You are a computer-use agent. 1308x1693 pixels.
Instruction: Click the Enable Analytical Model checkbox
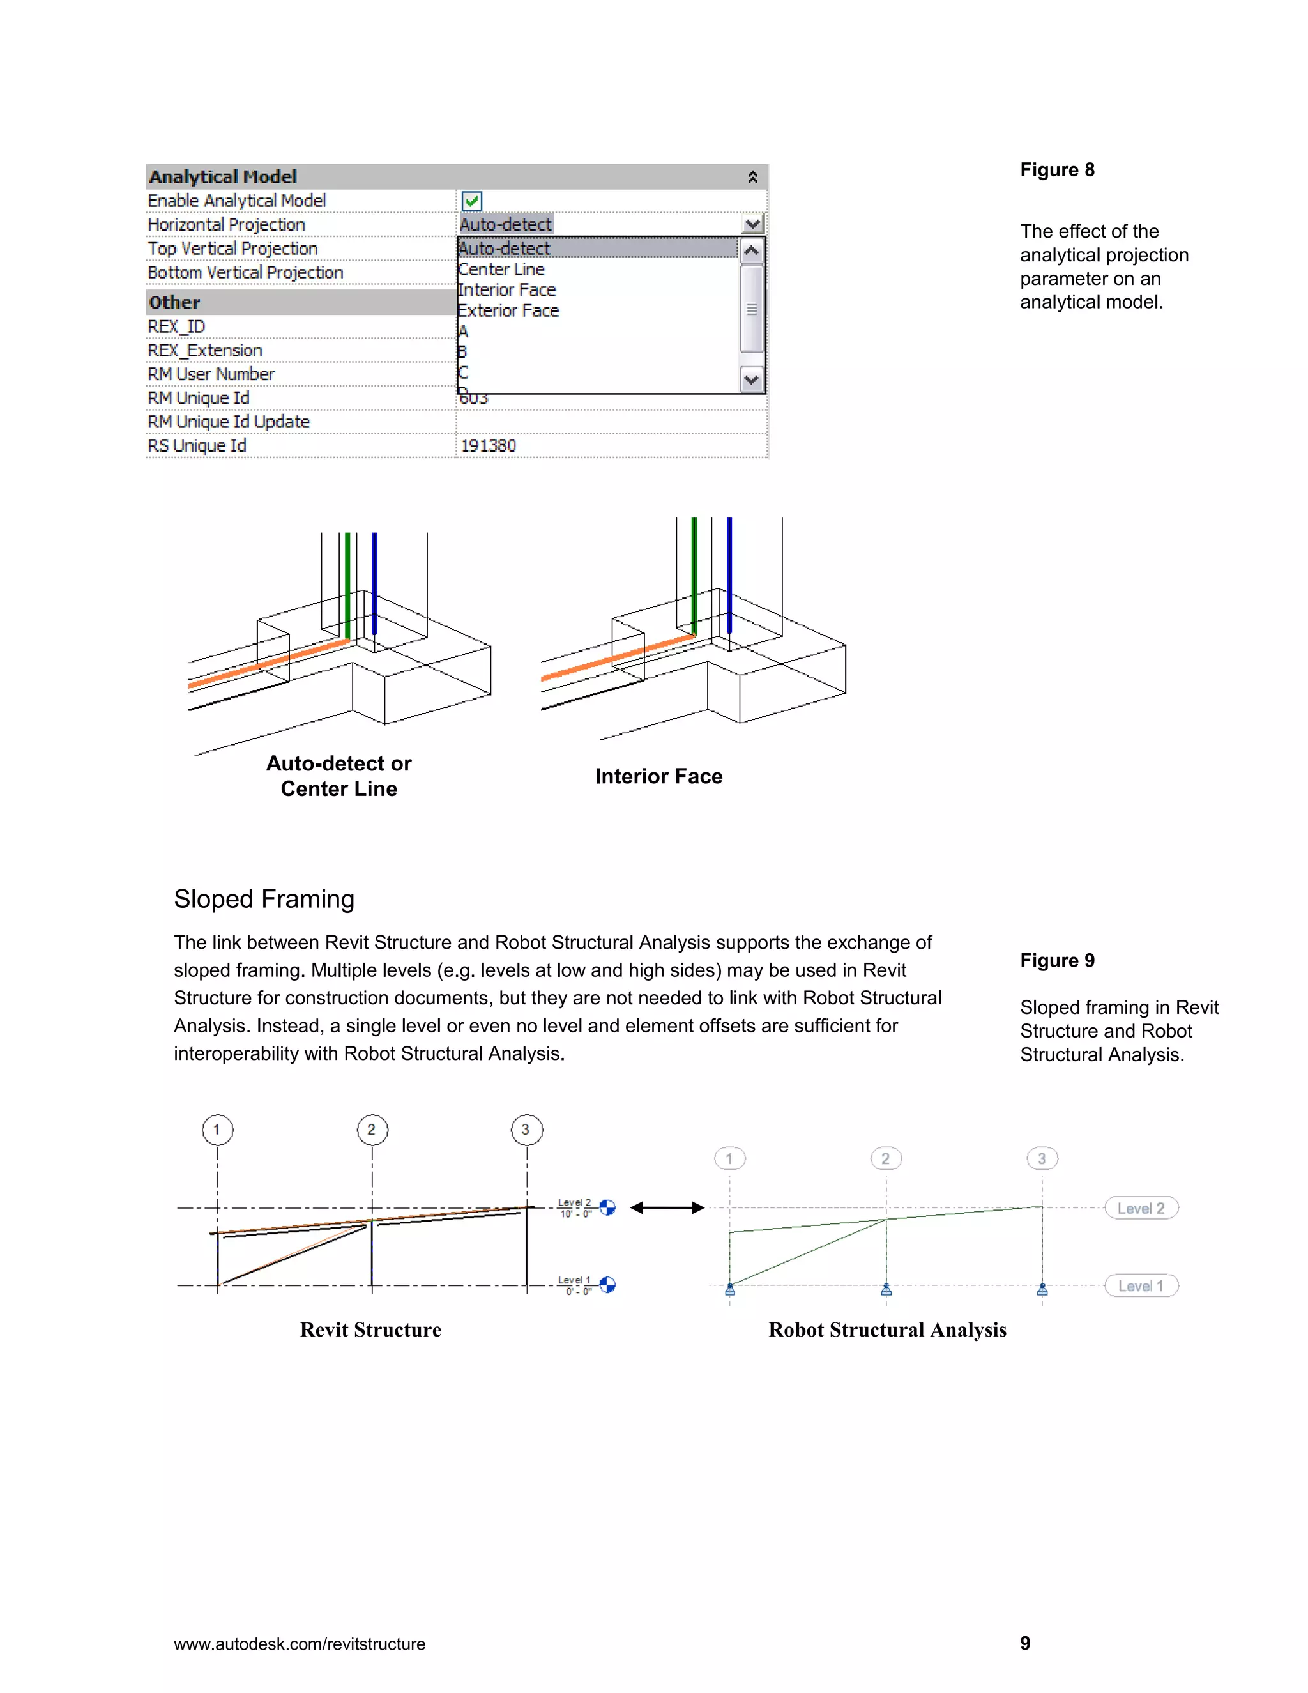click(472, 201)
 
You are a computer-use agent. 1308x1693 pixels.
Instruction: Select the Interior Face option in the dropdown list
click(506, 290)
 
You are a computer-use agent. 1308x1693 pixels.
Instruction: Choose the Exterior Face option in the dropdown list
click(508, 311)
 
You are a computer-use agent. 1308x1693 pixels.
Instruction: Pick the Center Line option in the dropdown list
click(501, 269)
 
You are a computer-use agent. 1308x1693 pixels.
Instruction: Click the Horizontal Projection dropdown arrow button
click(752, 225)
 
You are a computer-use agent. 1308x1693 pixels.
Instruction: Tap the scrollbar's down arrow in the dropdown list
click(752, 380)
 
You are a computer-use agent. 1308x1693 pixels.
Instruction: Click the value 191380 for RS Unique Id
click(488, 446)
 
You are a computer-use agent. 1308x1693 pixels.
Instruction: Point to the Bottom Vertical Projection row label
click(246, 273)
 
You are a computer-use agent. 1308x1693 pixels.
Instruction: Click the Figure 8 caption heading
click(1057, 170)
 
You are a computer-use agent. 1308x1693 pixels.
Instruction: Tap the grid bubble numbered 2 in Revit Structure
click(372, 1130)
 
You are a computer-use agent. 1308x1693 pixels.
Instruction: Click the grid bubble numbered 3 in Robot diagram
click(1042, 1159)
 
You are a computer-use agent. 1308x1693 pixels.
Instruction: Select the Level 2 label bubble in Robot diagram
click(1141, 1209)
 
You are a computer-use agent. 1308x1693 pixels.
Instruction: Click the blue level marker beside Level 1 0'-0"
click(608, 1285)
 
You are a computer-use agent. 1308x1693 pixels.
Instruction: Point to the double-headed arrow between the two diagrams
click(667, 1207)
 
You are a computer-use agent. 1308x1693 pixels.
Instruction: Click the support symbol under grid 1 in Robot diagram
click(730, 1290)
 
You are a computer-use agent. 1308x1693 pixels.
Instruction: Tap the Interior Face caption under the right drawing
click(658, 777)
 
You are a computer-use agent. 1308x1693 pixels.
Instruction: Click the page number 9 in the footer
click(1025, 1643)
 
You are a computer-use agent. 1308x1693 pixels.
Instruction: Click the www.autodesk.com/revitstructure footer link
click(300, 1644)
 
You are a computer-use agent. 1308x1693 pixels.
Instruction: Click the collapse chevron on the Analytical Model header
click(752, 178)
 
